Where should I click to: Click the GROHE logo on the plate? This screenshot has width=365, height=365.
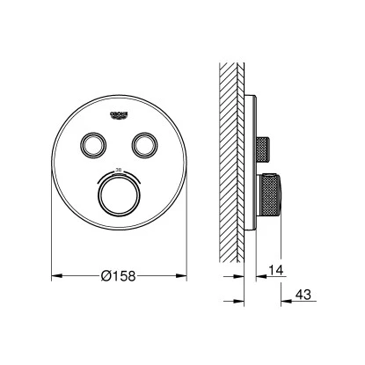[x=118, y=113]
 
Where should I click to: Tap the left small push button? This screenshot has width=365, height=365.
[x=92, y=142]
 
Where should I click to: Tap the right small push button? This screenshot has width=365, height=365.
[x=142, y=142]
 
